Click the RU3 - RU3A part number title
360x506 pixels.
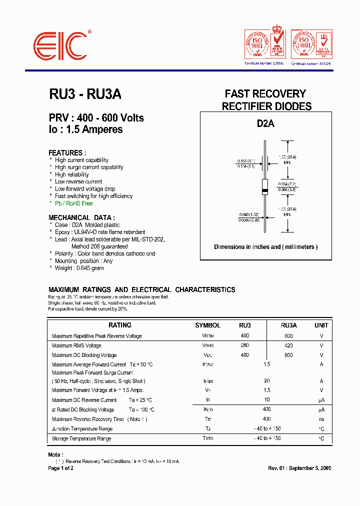point(85,94)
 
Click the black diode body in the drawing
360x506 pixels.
point(265,185)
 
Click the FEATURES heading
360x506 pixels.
point(67,153)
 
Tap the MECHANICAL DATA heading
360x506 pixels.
point(81,217)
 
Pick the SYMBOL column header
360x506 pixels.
point(207,325)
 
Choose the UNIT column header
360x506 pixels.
point(321,325)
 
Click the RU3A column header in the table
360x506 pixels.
point(288,325)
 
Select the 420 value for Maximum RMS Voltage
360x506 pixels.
point(288,345)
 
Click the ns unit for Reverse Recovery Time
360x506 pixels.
point(321,419)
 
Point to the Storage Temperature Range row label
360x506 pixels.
point(81,438)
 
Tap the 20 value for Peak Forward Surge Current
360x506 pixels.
point(266,380)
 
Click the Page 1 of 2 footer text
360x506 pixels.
point(60,468)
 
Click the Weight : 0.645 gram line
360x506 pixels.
point(79,268)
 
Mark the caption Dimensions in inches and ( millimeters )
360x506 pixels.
point(265,247)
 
